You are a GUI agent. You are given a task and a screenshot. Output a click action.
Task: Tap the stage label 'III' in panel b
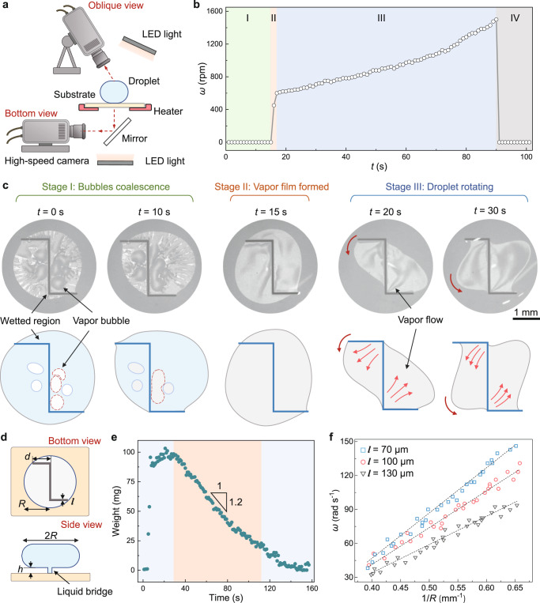point(382,16)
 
